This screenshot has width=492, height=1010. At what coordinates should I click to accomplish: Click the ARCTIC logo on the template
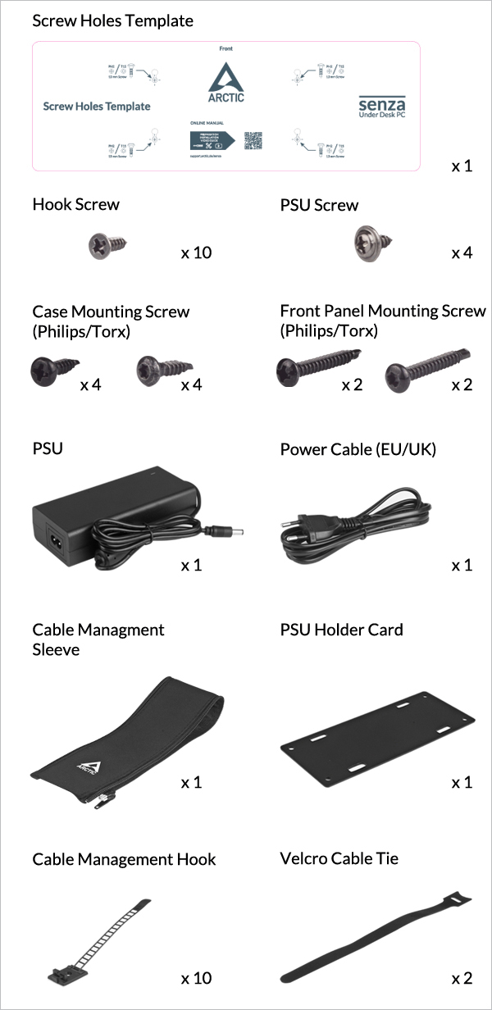pyautogui.click(x=225, y=84)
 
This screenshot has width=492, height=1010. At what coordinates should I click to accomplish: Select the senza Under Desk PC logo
pyautogui.click(x=381, y=107)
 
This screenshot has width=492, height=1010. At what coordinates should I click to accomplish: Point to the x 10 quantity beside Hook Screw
pyautogui.click(x=196, y=252)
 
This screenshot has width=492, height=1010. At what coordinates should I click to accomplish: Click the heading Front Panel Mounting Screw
pyautogui.click(x=382, y=312)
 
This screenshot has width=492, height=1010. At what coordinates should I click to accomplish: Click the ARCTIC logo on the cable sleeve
pyautogui.click(x=89, y=767)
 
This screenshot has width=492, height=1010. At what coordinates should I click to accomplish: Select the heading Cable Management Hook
pyautogui.click(x=124, y=859)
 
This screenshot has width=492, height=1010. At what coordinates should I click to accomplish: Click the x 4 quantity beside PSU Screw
pyautogui.click(x=462, y=252)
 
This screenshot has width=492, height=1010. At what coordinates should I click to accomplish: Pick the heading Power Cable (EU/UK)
pyautogui.click(x=358, y=449)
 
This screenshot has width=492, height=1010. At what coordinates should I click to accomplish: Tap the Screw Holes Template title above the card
pyautogui.click(x=112, y=20)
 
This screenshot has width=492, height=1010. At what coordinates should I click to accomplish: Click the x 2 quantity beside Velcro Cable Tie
pyautogui.click(x=462, y=978)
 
